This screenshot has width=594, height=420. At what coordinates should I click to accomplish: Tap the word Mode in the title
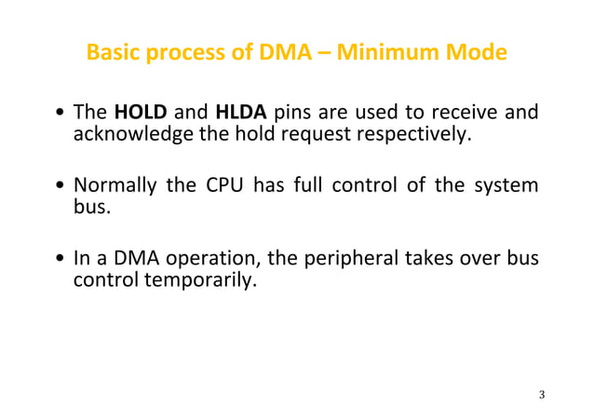coord(478,53)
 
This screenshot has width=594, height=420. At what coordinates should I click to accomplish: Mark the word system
coord(506,185)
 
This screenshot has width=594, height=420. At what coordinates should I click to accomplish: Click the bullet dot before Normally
coord(60,186)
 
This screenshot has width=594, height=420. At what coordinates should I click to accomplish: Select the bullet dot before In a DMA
coord(60,257)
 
